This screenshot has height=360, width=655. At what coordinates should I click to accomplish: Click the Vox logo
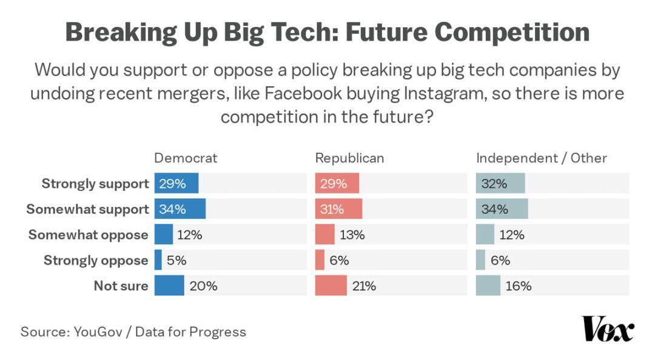coord(607,329)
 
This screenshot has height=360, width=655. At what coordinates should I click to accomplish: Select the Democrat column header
coord(186,158)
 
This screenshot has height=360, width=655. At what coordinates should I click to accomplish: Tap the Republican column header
coord(349,158)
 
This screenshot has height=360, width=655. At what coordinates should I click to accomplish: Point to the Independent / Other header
coord(541,158)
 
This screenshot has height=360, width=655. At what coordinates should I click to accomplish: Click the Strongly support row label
coord(95,184)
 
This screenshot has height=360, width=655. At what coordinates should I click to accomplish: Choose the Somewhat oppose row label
coord(89,235)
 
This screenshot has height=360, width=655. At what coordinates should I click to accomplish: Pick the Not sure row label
coord(121,285)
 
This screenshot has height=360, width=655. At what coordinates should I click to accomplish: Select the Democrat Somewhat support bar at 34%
coord(180,209)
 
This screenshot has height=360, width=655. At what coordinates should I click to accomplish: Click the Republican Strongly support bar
coord(337,184)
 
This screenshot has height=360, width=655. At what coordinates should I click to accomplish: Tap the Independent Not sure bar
coord(488,285)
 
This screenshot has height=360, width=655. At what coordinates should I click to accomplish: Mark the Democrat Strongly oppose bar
coord(158,260)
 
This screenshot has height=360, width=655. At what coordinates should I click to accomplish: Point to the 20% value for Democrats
coord(203,286)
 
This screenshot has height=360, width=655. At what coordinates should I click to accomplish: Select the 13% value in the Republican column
coord(352,235)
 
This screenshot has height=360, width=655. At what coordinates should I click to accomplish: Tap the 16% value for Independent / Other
coord(519,286)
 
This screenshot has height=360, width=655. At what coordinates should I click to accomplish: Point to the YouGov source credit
coord(100,332)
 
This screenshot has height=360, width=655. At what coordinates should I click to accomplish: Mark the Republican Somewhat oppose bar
coord(325,235)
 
